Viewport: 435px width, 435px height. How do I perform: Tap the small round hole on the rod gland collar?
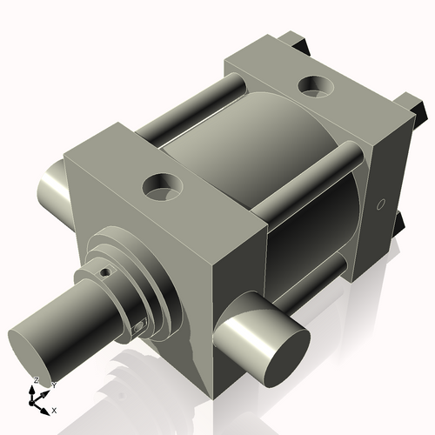[x=105, y=271]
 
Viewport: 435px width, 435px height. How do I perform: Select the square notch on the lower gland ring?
[x=140, y=326]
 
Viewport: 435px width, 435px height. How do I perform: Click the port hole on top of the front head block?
[x=163, y=184]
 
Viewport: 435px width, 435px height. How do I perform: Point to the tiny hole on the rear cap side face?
[x=380, y=205]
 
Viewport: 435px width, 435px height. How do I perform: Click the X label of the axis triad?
[x=54, y=410]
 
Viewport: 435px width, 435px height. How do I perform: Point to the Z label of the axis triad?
[x=36, y=381]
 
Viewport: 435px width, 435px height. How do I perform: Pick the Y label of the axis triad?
[x=53, y=384]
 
